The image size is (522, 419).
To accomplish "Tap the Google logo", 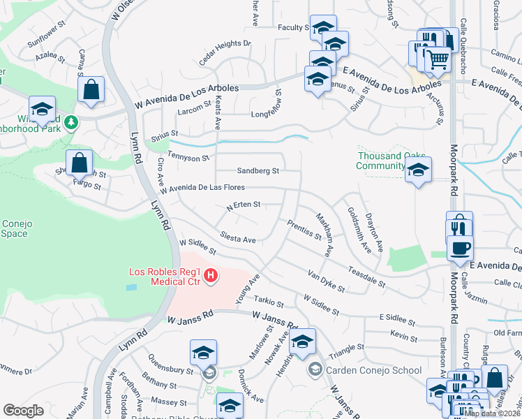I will point(23,410).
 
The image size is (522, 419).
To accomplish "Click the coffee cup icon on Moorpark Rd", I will point(460,248).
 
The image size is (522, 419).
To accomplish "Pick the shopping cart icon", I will point(438,59).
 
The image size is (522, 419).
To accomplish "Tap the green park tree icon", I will point(70,123).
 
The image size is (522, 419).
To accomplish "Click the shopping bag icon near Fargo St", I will point(80,162).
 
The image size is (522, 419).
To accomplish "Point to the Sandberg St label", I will point(258,170).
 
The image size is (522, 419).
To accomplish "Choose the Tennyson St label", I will point(191,159).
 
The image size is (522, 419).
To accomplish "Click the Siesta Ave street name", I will point(239,239).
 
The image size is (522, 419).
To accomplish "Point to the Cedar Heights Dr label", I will point(224,52).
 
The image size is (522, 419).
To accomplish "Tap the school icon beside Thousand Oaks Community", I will point(418,170).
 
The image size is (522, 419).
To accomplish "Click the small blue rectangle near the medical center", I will point(132,287).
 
